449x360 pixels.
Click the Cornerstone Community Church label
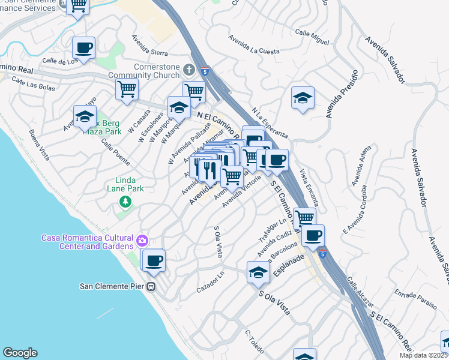click(x=143, y=71)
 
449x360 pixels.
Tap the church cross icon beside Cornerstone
click(x=188, y=70)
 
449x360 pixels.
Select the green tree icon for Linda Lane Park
click(x=125, y=202)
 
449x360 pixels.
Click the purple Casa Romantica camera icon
click(x=142, y=241)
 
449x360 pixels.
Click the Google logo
click(x=20, y=353)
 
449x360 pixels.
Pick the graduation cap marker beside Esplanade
click(x=258, y=272)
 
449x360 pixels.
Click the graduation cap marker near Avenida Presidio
click(x=303, y=97)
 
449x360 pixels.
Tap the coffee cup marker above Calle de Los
click(x=83, y=47)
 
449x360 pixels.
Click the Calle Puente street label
click(x=115, y=153)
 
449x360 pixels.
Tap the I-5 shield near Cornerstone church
click(x=206, y=71)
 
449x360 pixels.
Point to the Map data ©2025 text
click(x=423, y=355)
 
